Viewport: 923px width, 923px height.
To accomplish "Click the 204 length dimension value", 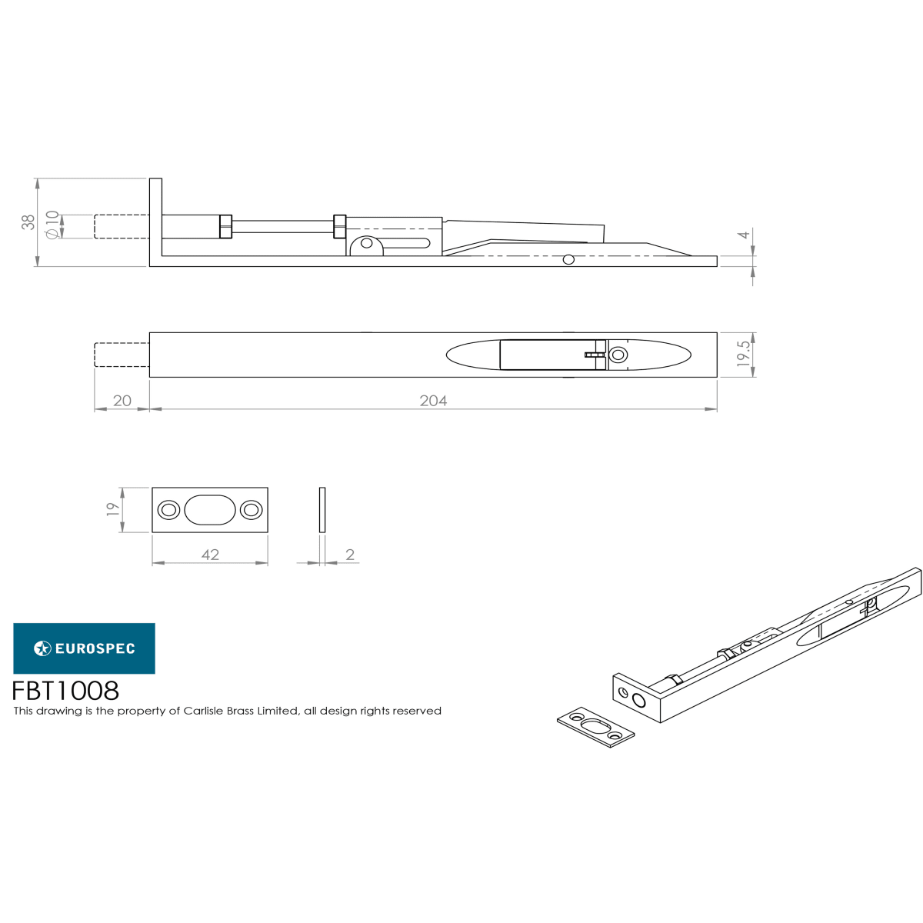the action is tap(433, 401).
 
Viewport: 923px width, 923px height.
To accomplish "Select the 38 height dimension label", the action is tap(28, 222).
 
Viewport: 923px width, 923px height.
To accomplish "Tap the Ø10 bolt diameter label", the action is tap(53, 224).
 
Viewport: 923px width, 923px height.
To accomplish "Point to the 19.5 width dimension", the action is tap(743, 354).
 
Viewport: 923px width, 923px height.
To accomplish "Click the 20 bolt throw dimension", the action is tap(122, 401).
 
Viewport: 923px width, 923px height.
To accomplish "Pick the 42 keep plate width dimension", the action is tap(210, 555).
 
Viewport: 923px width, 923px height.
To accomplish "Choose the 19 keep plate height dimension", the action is tap(113, 509).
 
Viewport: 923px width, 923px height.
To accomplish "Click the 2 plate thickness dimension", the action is tap(350, 555).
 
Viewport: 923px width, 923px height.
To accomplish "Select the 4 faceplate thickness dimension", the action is tap(743, 235).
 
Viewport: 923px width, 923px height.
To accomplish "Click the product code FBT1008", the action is tap(65, 691).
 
